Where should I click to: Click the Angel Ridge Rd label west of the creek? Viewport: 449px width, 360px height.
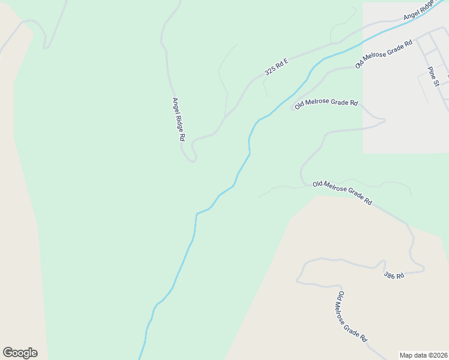[178, 119]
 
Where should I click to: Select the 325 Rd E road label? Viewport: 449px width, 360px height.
[277, 67]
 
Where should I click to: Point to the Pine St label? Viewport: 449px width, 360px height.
[434, 76]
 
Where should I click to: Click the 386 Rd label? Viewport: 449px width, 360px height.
[394, 275]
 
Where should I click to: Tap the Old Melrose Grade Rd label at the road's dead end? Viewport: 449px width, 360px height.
[327, 103]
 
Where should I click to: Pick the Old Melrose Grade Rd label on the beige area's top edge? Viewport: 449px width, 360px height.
[342, 193]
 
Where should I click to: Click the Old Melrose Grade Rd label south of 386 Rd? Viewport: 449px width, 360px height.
[352, 317]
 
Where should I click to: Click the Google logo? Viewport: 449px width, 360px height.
[20, 353]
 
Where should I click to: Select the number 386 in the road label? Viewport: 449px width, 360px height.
[391, 274]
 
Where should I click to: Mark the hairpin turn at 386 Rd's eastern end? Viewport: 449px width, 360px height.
[423, 268]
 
